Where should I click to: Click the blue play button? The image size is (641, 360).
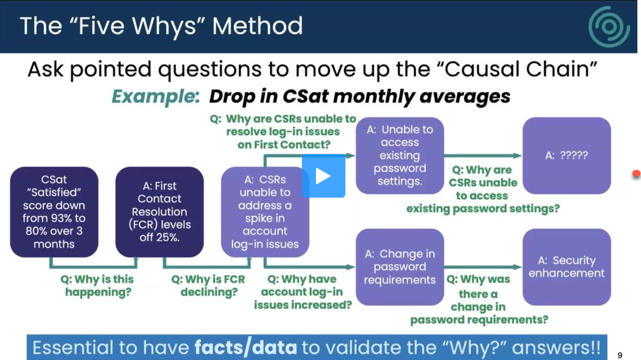pyautogui.click(x=323, y=176)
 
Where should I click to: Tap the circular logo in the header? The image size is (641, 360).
pyautogui.click(x=609, y=26)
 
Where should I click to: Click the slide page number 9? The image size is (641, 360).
pyautogui.click(x=620, y=355)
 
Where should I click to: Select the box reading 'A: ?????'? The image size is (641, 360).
pyautogui.click(x=567, y=156)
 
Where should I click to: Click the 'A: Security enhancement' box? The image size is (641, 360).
pyautogui.click(x=567, y=267)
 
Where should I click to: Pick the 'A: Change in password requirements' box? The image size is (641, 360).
pyautogui.click(x=399, y=267)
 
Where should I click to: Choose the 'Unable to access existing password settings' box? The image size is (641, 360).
pyautogui.click(x=399, y=156)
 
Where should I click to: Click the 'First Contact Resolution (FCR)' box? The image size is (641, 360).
pyautogui.click(x=159, y=212)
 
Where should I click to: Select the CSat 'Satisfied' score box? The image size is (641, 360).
pyautogui.click(x=54, y=212)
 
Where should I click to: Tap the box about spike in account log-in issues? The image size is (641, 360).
pyautogui.click(x=265, y=212)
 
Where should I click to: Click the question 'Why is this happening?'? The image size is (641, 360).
pyautogui.click(x=97, y=286)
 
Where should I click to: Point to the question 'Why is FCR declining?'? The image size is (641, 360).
pyautogui.click(x=209, y=286)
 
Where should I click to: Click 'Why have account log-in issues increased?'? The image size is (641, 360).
pyautogui.click(x=303, y=292)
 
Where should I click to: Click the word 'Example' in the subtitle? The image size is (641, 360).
pyautogui.click(x=155, y=97)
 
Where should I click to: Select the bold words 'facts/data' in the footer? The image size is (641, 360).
pyautogui.click(x=246, y=348)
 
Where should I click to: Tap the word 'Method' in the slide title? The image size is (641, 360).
pyautogui.click(x=257, y=26)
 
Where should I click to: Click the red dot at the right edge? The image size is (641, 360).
pyautogui.click(x=637, y=173)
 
